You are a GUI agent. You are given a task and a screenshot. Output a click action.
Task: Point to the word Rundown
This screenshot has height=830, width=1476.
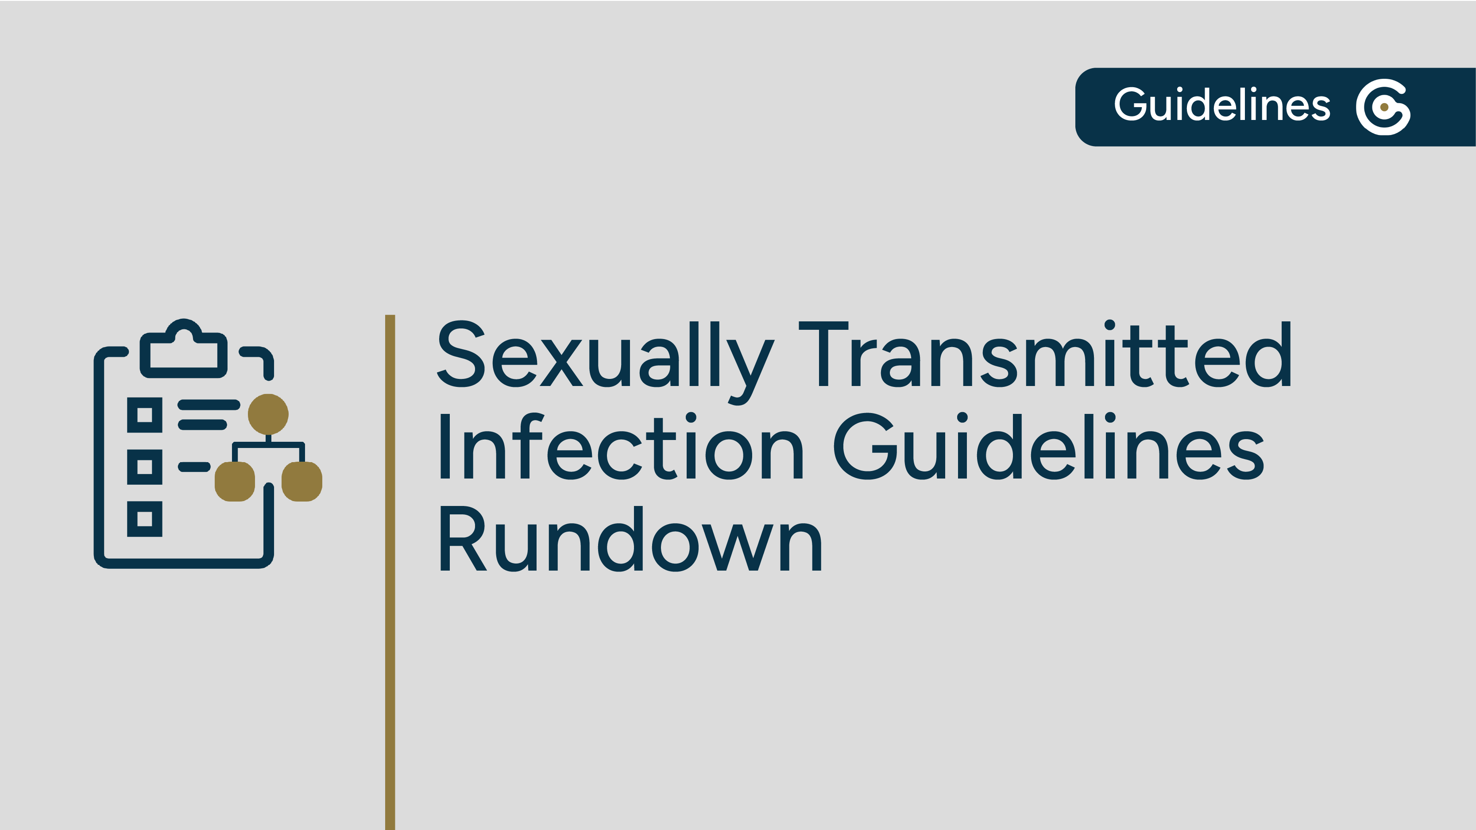pos(630,540)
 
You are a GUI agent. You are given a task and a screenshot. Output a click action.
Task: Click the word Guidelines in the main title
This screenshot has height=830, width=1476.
pos(1048,447)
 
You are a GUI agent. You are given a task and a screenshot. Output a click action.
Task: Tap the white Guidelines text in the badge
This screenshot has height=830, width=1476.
pos(1221,105)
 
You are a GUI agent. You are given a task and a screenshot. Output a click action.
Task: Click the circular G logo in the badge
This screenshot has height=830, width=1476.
pos(1383,107)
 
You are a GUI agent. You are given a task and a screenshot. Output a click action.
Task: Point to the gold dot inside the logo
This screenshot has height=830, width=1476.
pos(1384,107)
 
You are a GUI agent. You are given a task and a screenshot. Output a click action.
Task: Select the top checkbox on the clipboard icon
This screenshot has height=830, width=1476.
pos(144,415)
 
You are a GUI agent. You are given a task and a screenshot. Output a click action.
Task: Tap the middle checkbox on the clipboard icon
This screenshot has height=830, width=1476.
pos(144,467)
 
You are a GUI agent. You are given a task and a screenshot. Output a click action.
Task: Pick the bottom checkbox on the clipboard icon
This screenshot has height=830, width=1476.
pos(144,519)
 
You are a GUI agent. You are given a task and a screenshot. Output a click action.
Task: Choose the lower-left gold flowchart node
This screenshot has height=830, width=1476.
pos(234,481)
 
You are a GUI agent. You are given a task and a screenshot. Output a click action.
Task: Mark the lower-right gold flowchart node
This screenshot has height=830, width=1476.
pos(302,481)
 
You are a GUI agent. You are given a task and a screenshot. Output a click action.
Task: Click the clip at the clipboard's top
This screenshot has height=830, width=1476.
pos(183,349)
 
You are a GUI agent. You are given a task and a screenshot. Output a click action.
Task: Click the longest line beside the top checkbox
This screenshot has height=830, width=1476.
pos(209,405)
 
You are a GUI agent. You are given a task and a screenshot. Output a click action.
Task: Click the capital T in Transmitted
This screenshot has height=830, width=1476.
pos(823,354)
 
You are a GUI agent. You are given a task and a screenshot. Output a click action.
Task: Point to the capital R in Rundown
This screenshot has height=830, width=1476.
pos(462,540)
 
